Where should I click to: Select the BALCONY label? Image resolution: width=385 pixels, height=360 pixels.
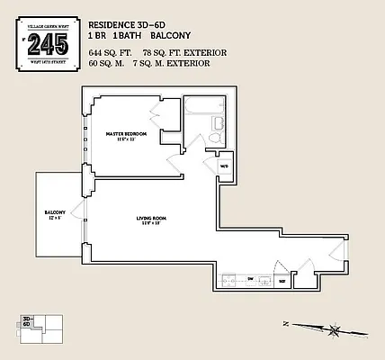(x=54, y=213)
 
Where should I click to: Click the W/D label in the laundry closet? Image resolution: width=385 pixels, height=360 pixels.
(x=225, y=166)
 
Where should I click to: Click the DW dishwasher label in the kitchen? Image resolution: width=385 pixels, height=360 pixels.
(x=250, y=279)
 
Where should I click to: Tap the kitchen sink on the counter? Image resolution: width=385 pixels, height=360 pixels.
(x=267, y=279)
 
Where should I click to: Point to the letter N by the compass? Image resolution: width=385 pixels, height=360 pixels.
(x=285, y=322)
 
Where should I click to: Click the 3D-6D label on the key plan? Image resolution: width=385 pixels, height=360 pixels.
(x=28, y=320)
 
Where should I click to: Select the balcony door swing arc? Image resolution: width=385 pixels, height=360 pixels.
(x=81, y=215)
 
